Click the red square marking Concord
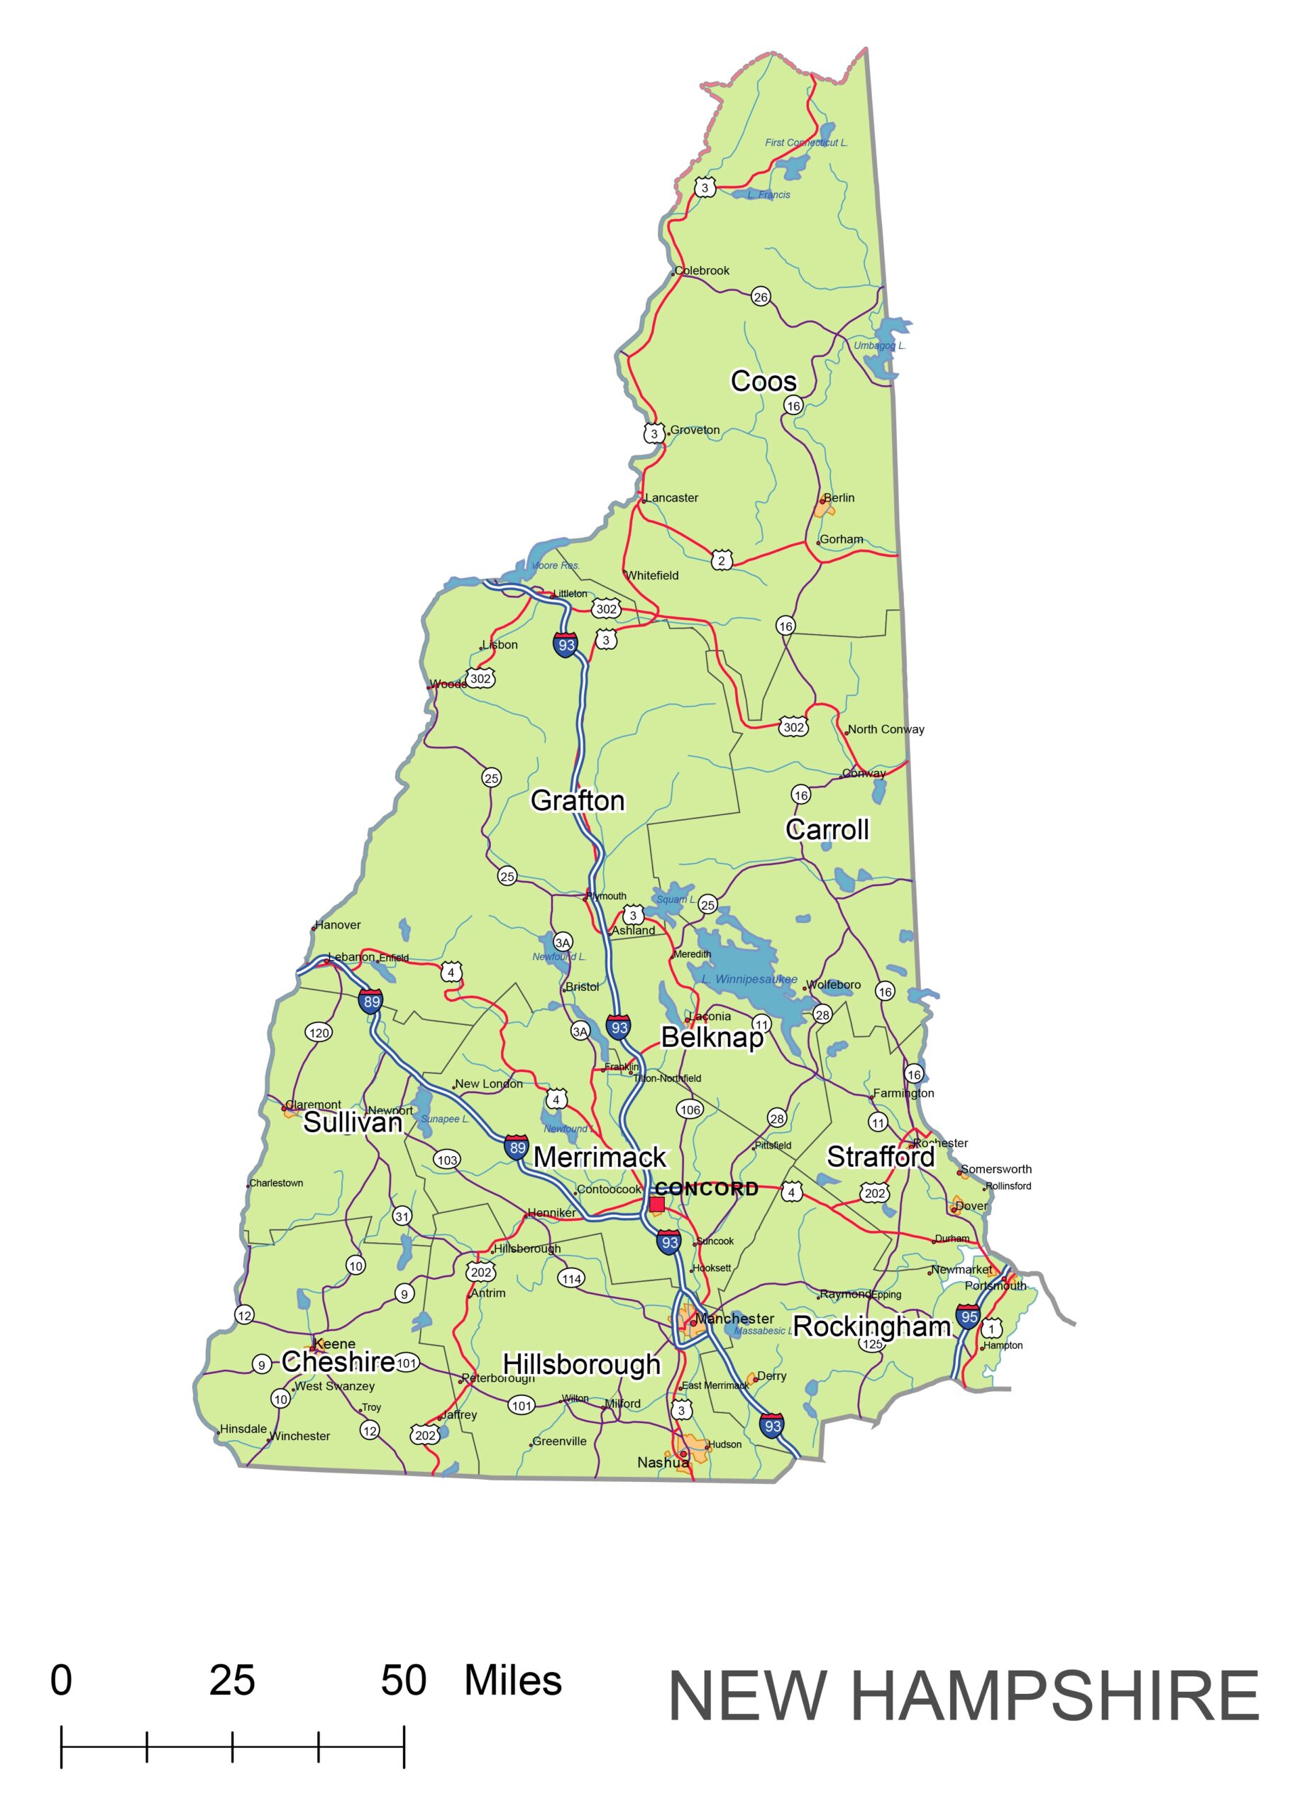pos(657,1205)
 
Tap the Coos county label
pos(764,381)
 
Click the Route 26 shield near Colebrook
pos(760,297)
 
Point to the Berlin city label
pos(839,497)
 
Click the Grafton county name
pos(578,801)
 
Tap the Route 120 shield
pos(319,1033)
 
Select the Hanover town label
pos(337,925)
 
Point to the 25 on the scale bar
pos(232,1681)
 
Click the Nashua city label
pos(663,1462)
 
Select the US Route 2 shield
pos(721,560)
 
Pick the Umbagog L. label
pos(879,346)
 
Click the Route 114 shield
pos(571,1279)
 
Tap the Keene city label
pos(334,1344)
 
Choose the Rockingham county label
pos(871,1327)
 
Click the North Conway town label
pos(886,729)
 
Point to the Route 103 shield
pos(447,1159)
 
